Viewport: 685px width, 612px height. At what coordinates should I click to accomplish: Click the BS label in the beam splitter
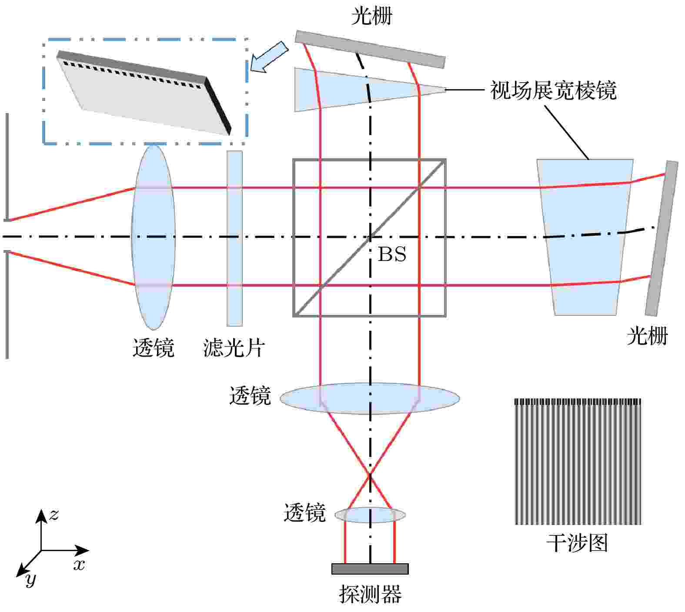pos(392,254)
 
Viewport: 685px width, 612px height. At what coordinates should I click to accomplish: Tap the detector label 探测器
pos(370,594)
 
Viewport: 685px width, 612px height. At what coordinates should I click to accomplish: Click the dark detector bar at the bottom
pos(370,569)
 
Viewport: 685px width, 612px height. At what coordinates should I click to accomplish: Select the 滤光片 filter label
pos(234,348)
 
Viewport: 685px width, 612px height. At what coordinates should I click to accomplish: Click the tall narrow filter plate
pos(234,238)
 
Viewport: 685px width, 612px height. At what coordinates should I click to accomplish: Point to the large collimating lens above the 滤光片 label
pos(154,237)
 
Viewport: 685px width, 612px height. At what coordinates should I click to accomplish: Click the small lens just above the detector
pos(370,515)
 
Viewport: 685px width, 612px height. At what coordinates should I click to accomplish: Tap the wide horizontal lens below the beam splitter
pos(370,398)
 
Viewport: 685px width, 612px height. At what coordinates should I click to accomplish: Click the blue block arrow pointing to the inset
pos(270,57)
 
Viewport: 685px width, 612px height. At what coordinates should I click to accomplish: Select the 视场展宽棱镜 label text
pos(553,90)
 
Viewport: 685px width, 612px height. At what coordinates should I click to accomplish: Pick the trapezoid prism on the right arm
pos(585,237)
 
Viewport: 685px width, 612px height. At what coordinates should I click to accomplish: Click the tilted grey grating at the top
pos(370,49)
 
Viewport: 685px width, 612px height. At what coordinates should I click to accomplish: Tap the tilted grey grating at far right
pos(662,238)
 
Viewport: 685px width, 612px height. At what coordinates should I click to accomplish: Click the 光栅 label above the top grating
pos(371,17)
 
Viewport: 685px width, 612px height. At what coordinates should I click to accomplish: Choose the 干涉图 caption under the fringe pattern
pos(577,543)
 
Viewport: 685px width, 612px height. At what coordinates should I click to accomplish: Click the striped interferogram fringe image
pos(578,462)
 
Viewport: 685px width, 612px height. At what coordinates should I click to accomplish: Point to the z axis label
pos(53,515)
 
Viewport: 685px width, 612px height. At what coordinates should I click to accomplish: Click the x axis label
pos(79,565)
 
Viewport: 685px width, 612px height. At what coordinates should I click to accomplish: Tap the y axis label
pos(30,579)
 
